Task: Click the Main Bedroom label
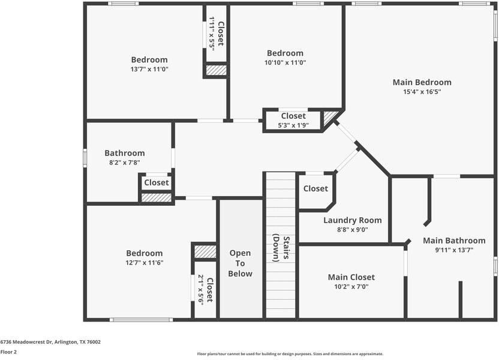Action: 422,82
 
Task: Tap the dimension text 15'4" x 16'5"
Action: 422,92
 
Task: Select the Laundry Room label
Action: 352,220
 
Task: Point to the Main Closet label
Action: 351,277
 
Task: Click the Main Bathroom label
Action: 454,241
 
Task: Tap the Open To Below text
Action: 240,263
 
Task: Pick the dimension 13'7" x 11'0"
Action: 149,69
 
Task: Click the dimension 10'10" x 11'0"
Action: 285,62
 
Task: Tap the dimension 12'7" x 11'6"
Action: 145,262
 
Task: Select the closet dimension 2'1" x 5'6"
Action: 202,289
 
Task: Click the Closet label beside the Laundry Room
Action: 315,188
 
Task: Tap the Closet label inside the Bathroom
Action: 156,182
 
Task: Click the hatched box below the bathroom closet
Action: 157,197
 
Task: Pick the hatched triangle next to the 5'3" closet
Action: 330,118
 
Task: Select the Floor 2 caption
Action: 8,352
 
